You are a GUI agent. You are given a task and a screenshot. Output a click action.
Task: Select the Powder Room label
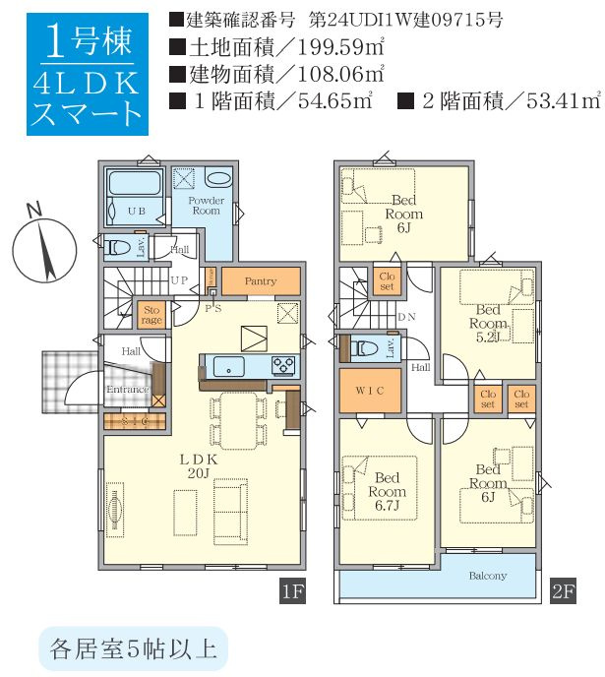tap(207, 205)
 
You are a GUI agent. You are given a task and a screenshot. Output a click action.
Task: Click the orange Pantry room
tap(260, 281)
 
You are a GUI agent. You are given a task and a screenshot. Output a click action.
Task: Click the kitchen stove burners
tap(284, 366)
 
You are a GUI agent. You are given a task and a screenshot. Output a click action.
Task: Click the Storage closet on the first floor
tap(151, 314)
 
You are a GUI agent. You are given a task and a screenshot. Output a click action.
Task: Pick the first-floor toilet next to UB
tap(120, 247)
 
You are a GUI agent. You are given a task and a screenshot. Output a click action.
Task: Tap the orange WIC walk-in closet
tap(370, 391)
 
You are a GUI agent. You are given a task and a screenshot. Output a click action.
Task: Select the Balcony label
tap(487, 576)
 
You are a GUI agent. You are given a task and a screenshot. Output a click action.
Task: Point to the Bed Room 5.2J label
tap(487, 323)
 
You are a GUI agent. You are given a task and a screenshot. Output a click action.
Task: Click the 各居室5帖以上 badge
tap(133, 648)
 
